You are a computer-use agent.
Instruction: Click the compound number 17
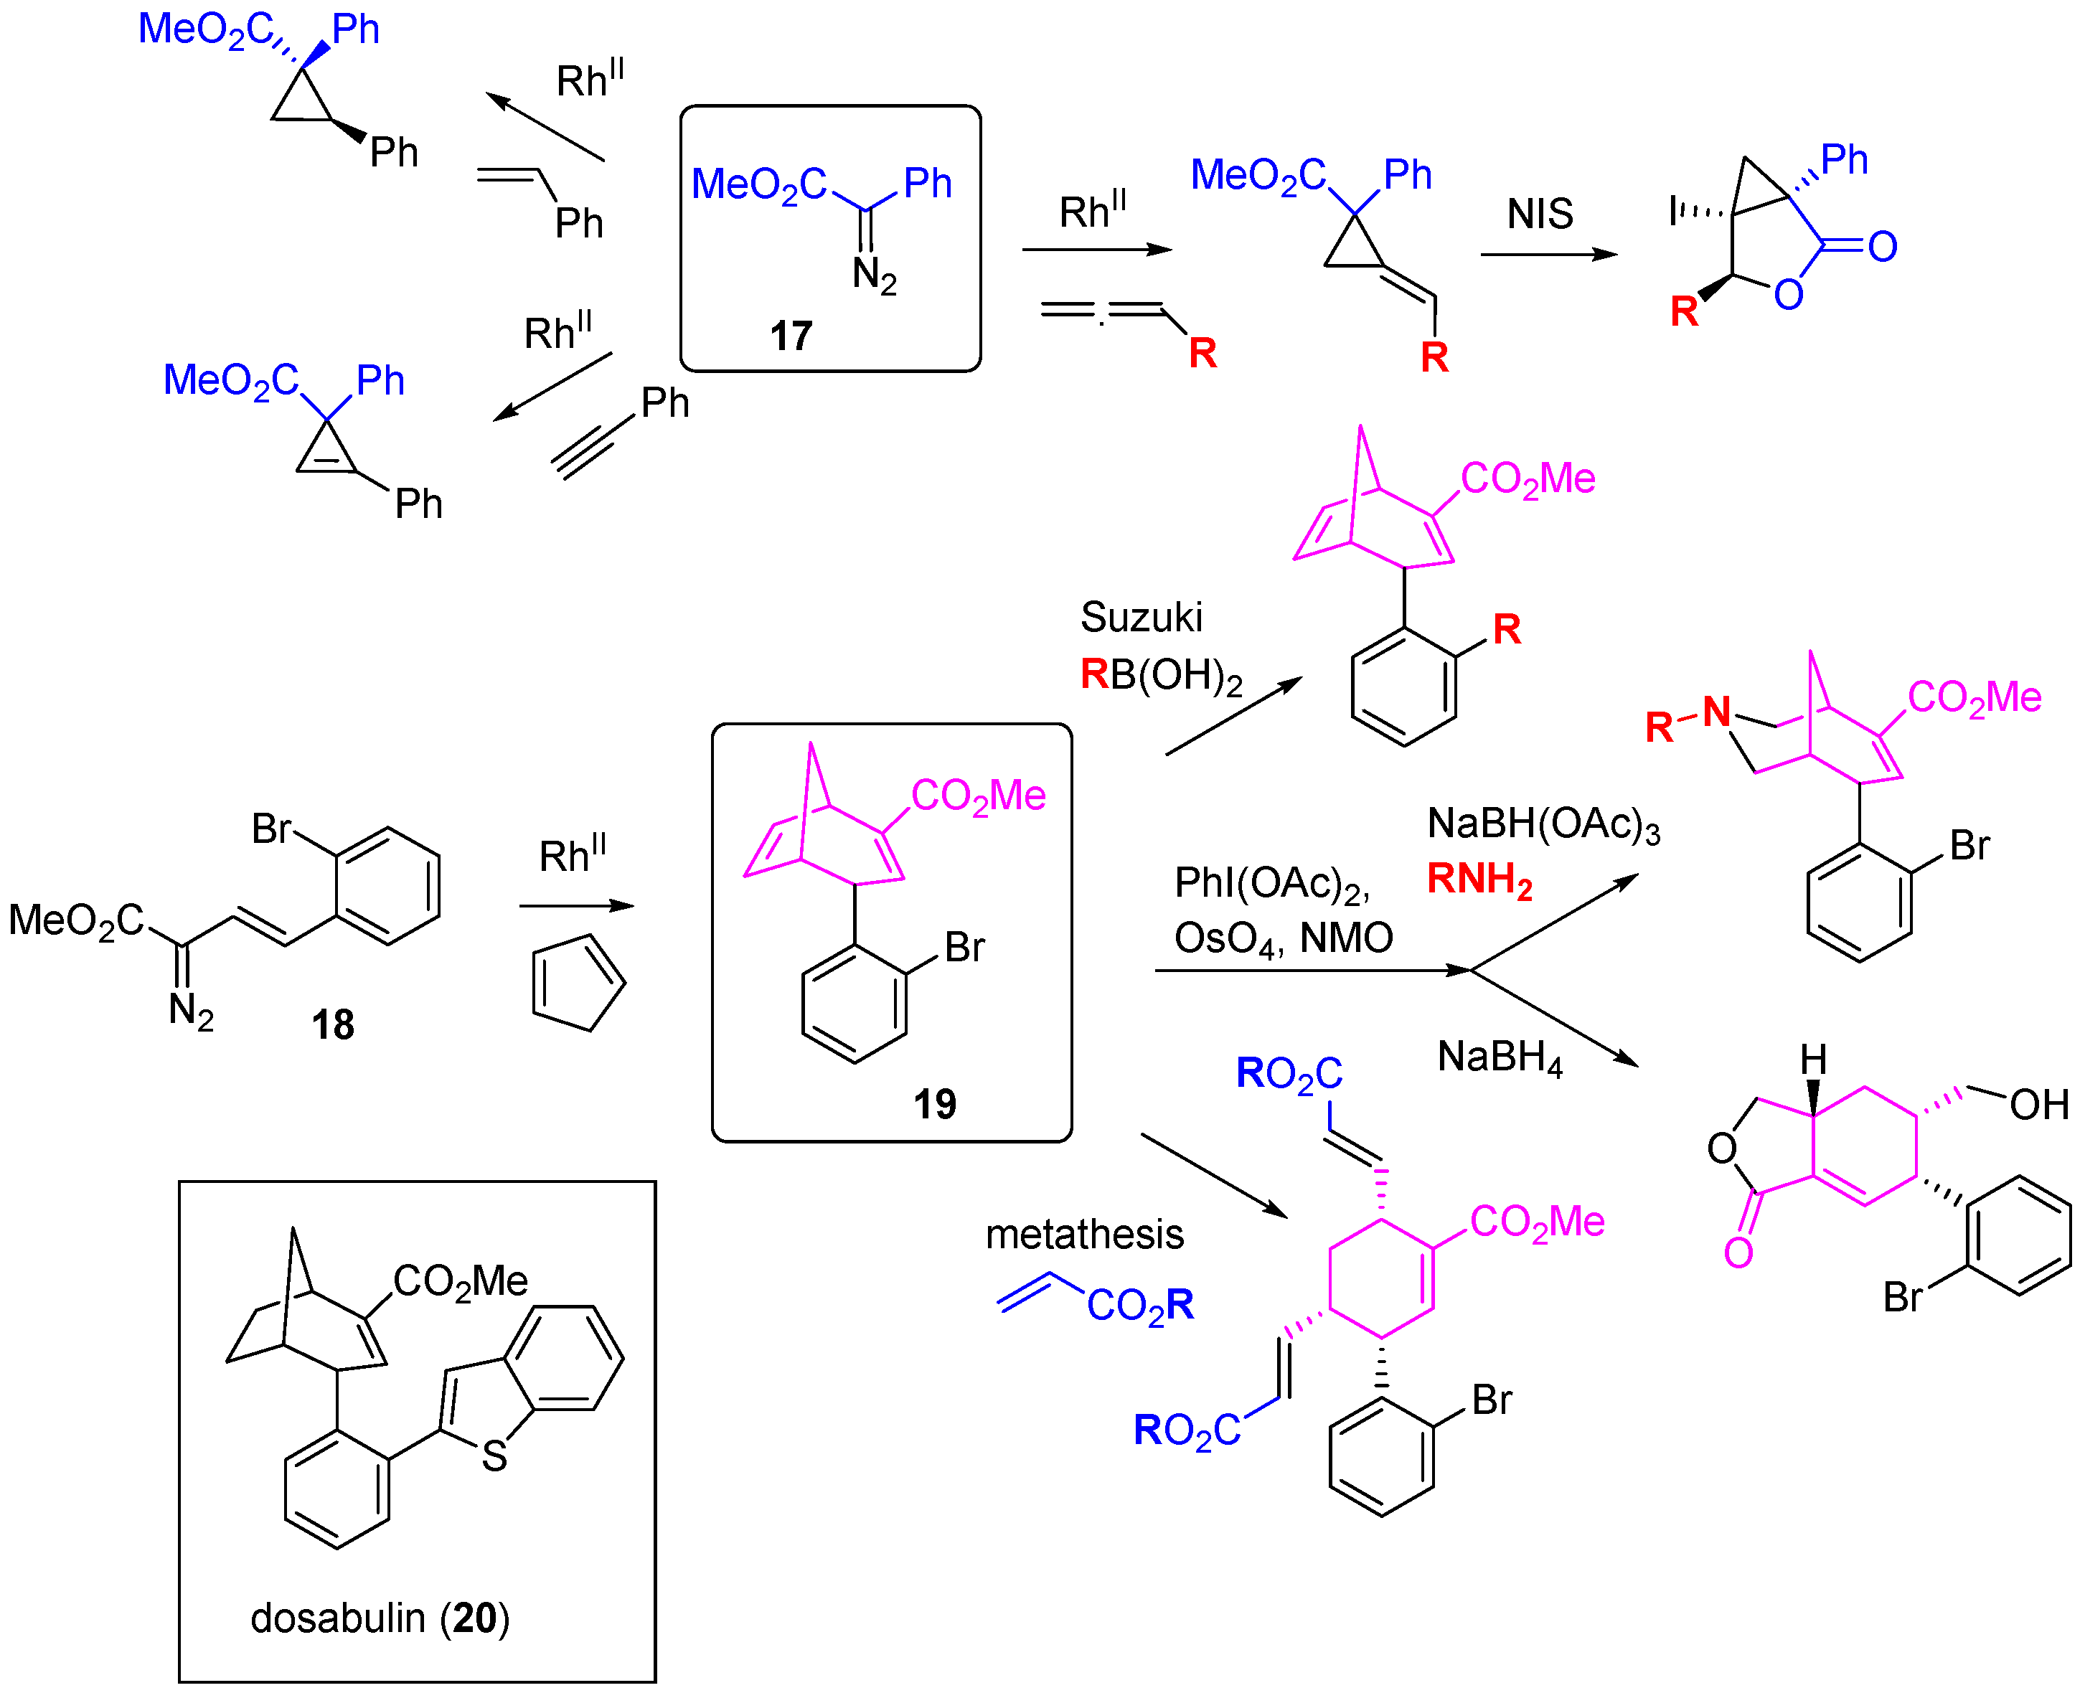click(790, 336)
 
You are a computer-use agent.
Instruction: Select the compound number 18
click(332, 1025)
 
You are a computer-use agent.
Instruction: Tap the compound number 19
click(934, 1104)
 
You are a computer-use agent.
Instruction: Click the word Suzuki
click(1141, 618)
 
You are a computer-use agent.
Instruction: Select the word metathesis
click(1084, 1235)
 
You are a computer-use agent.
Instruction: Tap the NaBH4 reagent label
click(1500, 1057)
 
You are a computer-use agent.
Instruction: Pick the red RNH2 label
click(1479, 879)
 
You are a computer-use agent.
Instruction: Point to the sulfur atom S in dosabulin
click(494, 1457)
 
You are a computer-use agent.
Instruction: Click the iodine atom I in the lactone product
click(1673, 209)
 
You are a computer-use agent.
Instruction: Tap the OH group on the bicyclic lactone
click(2039, 1105)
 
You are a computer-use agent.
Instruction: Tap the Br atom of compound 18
click(271, 829)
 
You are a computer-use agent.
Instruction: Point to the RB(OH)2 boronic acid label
click(1160, 675)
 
